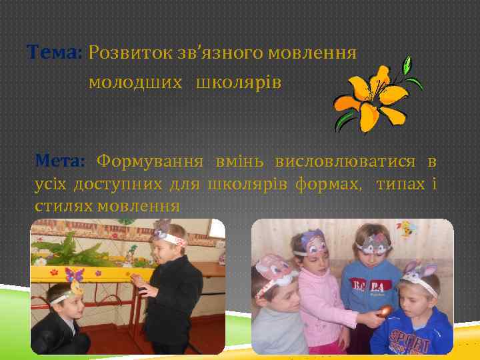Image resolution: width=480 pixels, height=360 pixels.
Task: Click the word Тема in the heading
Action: coord(52,51)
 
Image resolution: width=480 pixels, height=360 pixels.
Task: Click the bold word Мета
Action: coord(59,161)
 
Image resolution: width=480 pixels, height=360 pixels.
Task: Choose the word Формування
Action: coord(151,161)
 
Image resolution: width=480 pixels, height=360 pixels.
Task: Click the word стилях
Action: coord(63,205)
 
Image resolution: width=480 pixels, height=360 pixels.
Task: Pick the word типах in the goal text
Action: coord(400,183)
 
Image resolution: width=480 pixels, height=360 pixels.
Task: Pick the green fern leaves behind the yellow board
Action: coord(73,247)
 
